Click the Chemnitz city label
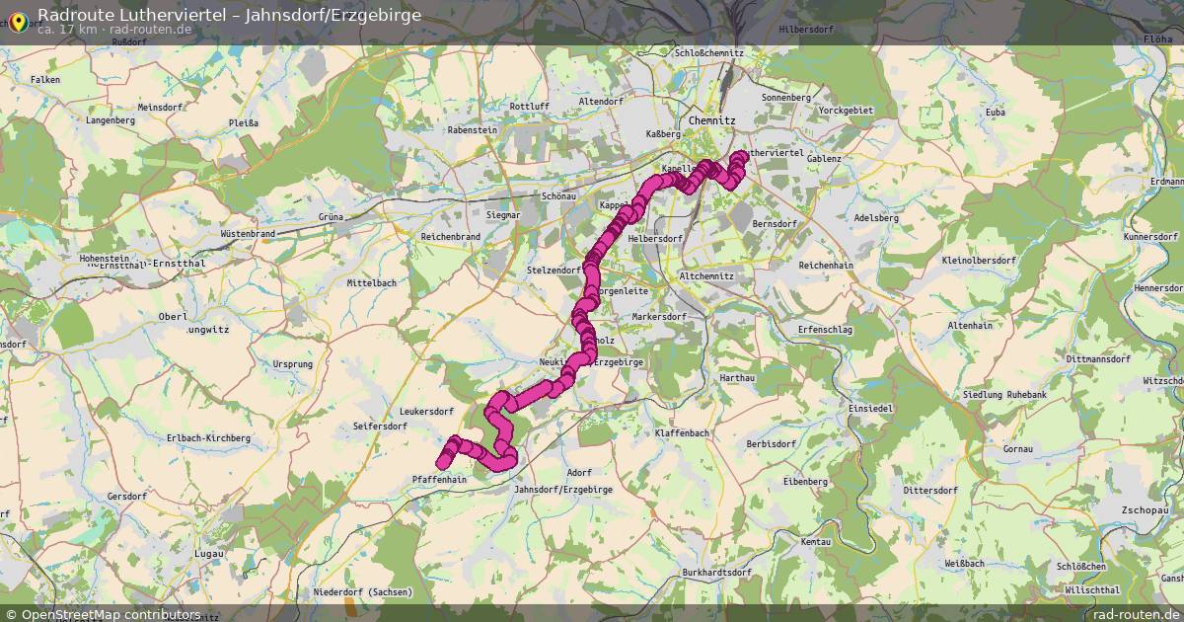(x=712, y=119)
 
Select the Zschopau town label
(x=1144, y=510)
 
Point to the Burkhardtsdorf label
(x=716, y=573)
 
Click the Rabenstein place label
(x=473, y=129)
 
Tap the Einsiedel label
(x=870, y=408)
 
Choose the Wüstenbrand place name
(x=248, y=233)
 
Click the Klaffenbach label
(x=682, y=433)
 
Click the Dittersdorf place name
(x=930, y=490)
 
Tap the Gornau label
(x=1016, y=449)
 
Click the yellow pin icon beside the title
(x=17, y=21)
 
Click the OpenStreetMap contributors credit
(x=111, y=614)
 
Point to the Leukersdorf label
(x=426, y=412)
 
